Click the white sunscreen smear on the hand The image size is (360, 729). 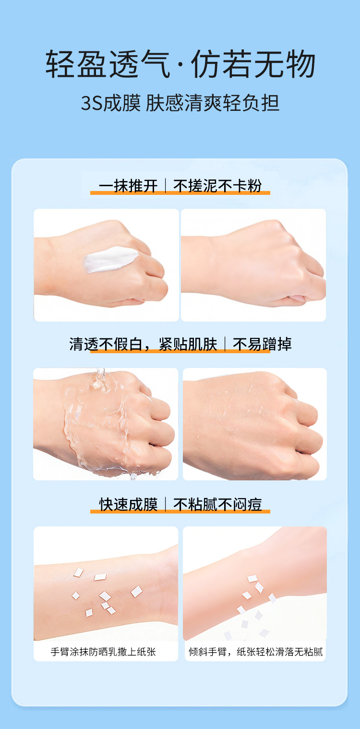[x=110, y=259]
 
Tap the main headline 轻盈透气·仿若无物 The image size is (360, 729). [x=180, y=64]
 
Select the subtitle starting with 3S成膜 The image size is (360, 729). [x=180, y=103]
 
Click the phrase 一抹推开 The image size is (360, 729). [x=128, y=186]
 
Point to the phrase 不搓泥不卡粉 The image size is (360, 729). [x=217, y=186]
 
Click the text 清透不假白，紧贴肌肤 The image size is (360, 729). [x=143, y=344]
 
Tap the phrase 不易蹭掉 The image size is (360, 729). [x=262, y=344]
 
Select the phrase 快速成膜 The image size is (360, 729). [x=128, y=505]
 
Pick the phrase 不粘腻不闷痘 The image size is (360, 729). [x=217, y=505]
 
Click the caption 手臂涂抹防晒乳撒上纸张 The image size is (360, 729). [x=103, y=652]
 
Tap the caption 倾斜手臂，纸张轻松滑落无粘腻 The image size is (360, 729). [x=255, y=652]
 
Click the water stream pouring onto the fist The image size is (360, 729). [x=99, y=379]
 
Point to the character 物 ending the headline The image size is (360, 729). [x=300, y=64]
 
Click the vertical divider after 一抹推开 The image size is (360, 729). [x=165, y=186]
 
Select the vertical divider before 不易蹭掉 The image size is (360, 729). [x=225, y=344]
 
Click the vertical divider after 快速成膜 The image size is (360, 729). [x=165, y=505]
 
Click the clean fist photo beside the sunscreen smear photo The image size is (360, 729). [x=253, y=265]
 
